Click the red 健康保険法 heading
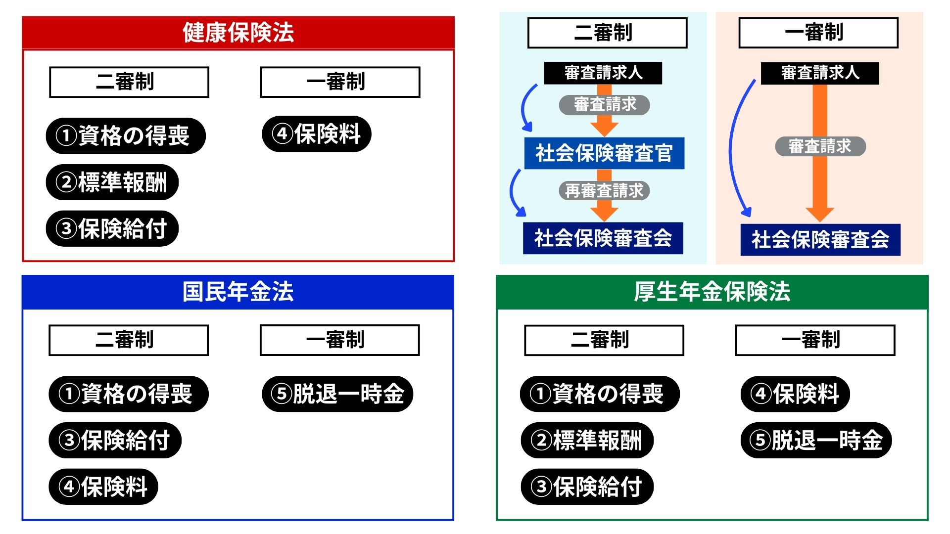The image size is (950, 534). [x=238, y=33]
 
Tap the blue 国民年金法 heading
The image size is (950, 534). [x=238, y=292]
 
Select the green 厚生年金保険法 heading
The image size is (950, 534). [x=712, y=292]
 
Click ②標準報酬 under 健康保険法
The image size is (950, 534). [x=112, y=182]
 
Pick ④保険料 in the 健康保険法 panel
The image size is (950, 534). [x=317, y=133]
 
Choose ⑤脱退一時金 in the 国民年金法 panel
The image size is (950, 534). [x=337, y=394]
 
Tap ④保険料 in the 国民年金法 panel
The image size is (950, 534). [x=103, y=487]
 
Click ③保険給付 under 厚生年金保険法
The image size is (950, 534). [x=587, y=487]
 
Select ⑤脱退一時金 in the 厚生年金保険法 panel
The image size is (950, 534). [x=816, y=440]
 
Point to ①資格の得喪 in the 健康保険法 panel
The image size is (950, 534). [x=126, y=135]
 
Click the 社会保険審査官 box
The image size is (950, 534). [x=604, y=153]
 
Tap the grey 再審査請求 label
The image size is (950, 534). [x=604, y=190]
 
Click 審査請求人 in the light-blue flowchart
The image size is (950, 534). [x=603, y=73]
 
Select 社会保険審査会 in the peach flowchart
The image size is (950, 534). [x=820, y=240]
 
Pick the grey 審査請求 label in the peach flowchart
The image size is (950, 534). [x=820, y=146]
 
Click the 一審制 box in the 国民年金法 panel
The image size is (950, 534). [x=340, y=340]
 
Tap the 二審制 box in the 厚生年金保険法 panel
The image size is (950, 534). [x=604, y=340]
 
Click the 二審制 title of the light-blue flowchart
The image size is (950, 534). [x=608, y=33]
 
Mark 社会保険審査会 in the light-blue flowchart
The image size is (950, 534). [x=603, y=238]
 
